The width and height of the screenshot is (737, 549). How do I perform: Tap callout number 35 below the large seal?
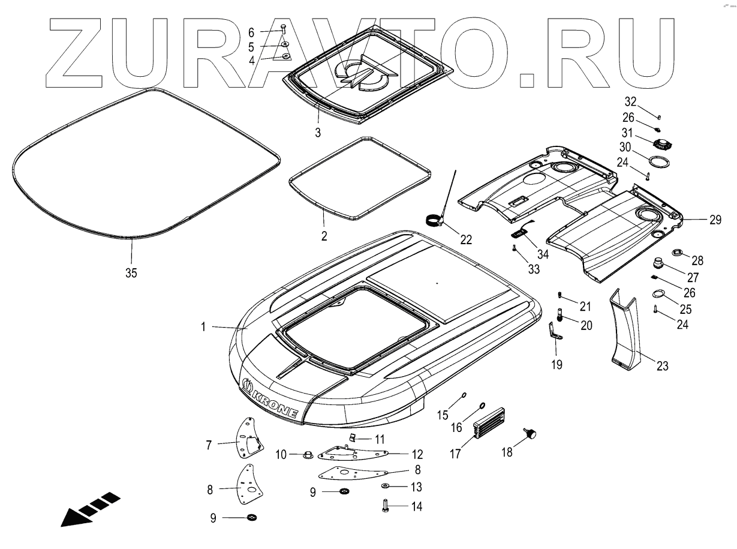coord(131,272)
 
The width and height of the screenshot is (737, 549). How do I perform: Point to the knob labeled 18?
coord(531,434)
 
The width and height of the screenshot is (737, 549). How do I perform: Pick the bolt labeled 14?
coord(385,506)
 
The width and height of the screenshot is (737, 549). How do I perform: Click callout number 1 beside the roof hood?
coord(203,326)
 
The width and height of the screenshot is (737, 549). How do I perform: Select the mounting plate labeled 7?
coord(249,437)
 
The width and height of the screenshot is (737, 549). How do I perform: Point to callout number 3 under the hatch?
coord(318,131)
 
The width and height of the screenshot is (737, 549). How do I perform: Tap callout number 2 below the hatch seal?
coord(324,236)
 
